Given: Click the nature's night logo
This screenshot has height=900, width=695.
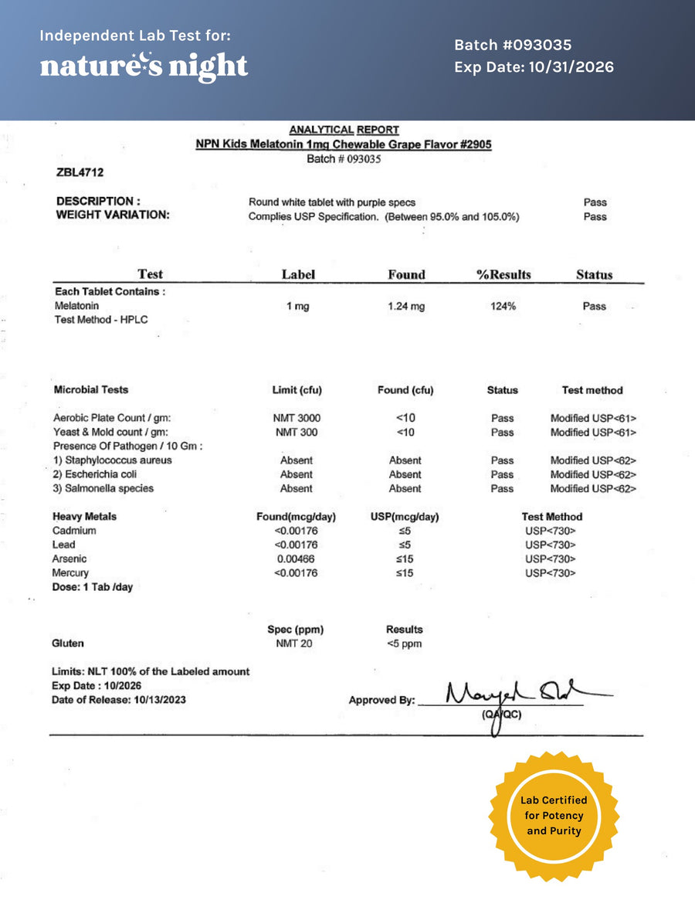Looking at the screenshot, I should click(144, 66).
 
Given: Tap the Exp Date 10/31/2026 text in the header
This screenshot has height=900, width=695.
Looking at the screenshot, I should click(534, 67).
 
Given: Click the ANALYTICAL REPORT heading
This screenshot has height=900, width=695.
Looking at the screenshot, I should click(344, 130).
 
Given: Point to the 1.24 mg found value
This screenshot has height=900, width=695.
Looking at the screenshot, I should click(406, 307).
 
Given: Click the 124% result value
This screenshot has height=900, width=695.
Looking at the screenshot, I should click(503, 307).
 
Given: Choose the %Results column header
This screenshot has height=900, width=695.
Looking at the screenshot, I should click(504, 274).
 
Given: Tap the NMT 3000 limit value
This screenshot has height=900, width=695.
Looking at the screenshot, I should click(297, 418).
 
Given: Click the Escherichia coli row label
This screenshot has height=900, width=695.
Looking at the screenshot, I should click(96, 474).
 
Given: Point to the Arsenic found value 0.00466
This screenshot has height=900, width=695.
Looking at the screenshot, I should click(296, 559).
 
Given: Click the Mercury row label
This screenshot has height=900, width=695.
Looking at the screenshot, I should click(70, 572).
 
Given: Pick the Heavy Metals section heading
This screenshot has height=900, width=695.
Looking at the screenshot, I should click(84, 516).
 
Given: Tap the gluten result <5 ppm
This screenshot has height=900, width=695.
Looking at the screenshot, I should click(404, 644).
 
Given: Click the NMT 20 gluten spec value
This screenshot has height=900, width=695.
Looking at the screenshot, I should click(294, 644).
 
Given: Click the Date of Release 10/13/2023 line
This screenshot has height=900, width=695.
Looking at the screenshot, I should click(118, 700).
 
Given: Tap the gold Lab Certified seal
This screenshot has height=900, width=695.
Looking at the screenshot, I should click(553, 816).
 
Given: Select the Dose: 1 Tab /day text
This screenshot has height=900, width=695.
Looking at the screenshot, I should click(92, 587).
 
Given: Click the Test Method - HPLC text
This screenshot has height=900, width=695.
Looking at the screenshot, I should click(100, 320).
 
